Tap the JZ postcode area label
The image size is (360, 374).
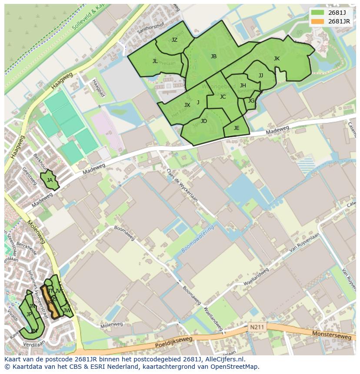174,40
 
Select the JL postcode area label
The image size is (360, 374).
155,61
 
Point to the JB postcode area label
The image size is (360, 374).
213,56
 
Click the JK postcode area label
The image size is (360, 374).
277,59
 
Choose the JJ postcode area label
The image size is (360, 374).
261,76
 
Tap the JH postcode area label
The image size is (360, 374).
243,86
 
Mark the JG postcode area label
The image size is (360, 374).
251,101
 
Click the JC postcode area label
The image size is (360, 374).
223,97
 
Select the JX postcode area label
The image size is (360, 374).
187,105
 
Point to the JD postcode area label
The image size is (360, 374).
204,121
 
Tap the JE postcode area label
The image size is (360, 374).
237,128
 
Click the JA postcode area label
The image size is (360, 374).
50,180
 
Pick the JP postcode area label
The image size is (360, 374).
29,314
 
